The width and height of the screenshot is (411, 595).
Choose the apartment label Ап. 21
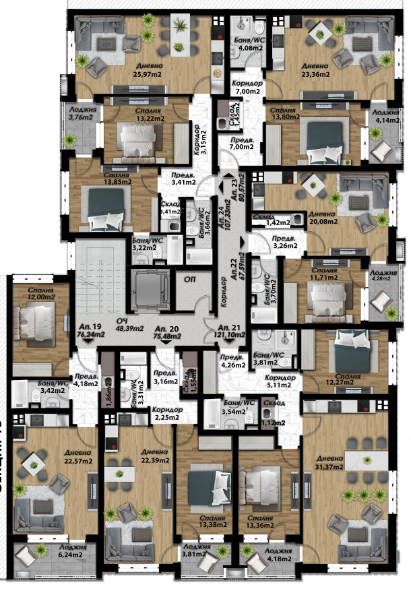point(231,324)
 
